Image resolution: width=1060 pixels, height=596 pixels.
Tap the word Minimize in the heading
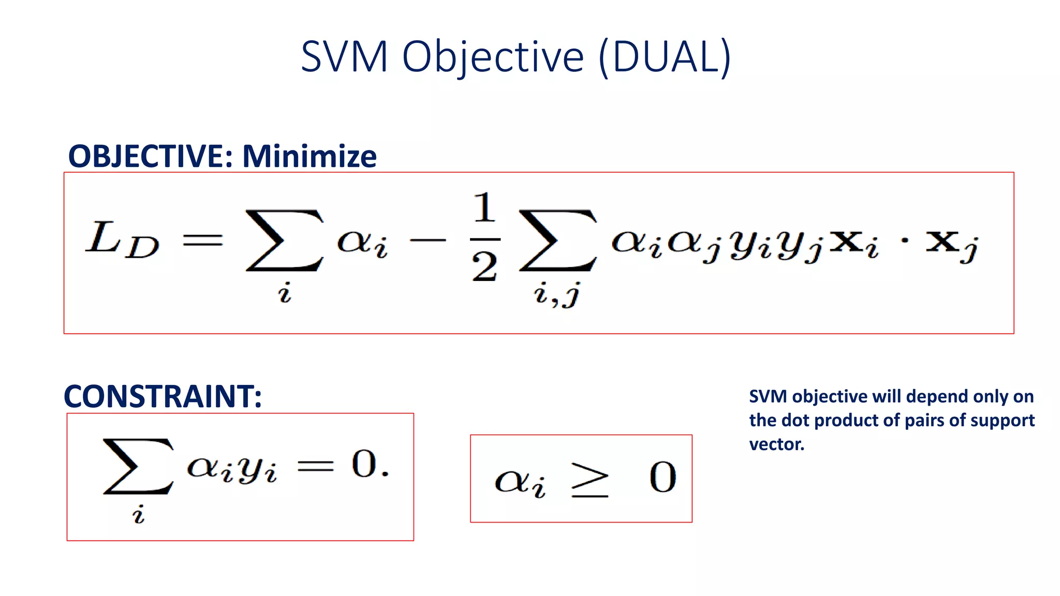pos(310,156)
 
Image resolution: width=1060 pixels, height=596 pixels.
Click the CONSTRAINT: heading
pos(163,396)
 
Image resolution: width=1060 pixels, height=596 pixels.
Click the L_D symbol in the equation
pos(122,240)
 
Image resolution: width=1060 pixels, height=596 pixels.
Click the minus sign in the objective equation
pos(428,240)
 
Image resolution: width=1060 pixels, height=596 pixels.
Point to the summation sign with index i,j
pos(558,240)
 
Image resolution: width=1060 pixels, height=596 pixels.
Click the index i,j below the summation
pos(557,295)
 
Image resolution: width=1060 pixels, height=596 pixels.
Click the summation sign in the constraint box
pos(138,466)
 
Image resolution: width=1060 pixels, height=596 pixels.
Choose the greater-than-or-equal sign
pos(590,480)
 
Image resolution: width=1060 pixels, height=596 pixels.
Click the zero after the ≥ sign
pos(662,478)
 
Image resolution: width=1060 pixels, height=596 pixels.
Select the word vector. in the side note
pos(776,444)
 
